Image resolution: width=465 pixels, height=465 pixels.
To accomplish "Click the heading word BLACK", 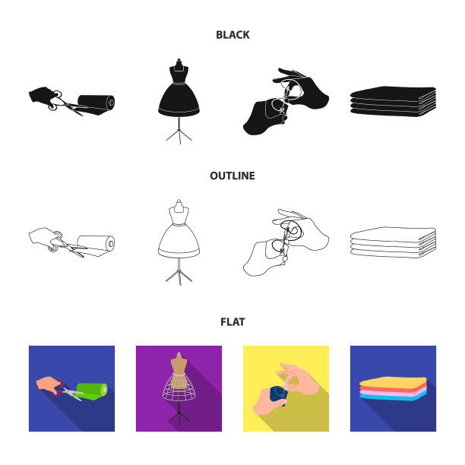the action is click(x=232, y=35).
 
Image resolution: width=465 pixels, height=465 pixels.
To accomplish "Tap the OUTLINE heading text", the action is click(x=232, y=176).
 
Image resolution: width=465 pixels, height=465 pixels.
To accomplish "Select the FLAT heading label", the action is click(x=232, y=321).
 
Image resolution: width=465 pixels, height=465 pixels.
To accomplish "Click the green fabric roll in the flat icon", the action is click(x=93, y=391).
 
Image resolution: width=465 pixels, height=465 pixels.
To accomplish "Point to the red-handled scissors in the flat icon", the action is click(x=68, y=391).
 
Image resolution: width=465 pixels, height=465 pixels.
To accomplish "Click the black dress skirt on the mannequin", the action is click(x=179, y=100).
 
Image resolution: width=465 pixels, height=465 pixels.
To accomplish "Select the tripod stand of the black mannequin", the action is click(x=179, y=131).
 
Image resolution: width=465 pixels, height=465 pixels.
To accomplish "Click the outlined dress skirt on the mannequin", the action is click(x=179, y=241).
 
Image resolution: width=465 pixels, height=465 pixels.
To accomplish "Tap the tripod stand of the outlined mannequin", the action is click(x=179, y=272).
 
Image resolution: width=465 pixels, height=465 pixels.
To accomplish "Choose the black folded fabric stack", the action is click(x=394, y=102).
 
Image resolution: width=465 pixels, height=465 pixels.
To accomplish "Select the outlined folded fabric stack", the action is click(x=394, y=242).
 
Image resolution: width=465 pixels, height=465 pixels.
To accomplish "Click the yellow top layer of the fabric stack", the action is click(x=394, y=382).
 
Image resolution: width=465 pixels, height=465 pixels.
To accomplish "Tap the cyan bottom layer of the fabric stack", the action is click(x=394, y=397).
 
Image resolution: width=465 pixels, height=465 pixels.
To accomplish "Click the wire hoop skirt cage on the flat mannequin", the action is click(x=179, y=387).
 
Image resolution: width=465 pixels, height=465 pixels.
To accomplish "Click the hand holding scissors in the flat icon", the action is click(x=47, y=384).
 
